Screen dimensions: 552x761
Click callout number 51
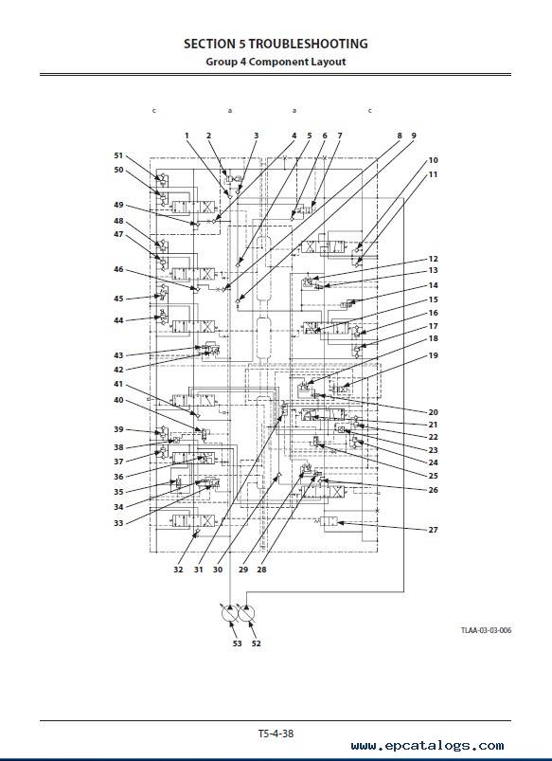(x=118, y=155)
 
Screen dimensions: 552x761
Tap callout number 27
(x=433, y=530)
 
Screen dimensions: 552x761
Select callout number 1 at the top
(x=187, y=136)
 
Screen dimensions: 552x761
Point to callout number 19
(x=433, y=355)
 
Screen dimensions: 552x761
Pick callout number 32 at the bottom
(x=178, y=570)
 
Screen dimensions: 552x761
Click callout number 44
(x=118, y=320)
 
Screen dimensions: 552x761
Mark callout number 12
(x=433, y=259)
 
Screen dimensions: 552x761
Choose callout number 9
(x=413, y=136)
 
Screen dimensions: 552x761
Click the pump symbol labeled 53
(x=229, y=613)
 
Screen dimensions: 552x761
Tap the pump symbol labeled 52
(x=246, y=613)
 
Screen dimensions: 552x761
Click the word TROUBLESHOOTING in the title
(x=308, y=44)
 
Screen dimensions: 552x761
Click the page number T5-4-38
(x=276, y=733)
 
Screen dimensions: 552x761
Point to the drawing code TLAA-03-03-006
(x=486, y=630)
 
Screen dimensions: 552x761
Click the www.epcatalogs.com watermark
(x=427, y=746)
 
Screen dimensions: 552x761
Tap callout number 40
(x=118, y=400)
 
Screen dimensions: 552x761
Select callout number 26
(x=433, y=490)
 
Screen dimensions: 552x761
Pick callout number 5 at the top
(x=309, y=136)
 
